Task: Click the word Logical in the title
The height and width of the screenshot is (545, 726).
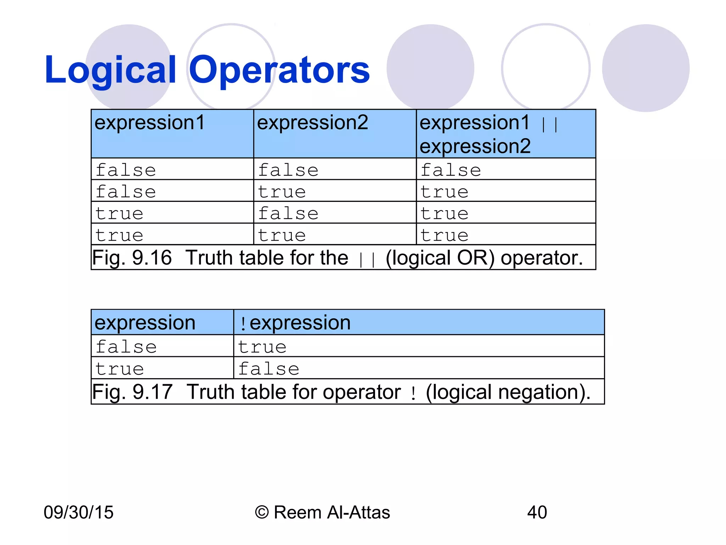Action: click(x=110, y=70)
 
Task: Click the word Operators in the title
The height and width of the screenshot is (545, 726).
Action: click(x=279, y=70)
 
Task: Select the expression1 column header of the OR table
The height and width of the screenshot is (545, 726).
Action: click(x=150, y=123)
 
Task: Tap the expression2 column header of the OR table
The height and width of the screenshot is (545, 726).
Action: click(x=312, y=123)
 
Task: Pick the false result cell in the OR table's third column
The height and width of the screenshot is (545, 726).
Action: click(x=451, y=170)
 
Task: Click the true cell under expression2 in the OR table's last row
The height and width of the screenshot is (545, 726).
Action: click(x=282, y=235)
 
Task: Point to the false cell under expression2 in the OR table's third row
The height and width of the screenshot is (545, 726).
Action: click(x=288, y=213)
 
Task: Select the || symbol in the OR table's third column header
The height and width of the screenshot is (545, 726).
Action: click(x=549, y=125)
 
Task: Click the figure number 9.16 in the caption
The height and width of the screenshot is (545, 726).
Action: click(x=152, y=258)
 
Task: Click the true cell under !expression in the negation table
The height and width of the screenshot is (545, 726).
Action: click(x=262, y=347)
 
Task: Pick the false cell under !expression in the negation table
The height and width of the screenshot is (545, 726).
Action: click(x=268, y=368)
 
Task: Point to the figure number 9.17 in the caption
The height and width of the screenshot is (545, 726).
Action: click(x=152, y=392)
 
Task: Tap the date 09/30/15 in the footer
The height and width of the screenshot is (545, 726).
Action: click(x=78, y=512)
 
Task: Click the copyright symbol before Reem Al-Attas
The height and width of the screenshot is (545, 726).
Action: click(x=262, y=512)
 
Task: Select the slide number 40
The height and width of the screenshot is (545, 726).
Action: click(x=537, y=512)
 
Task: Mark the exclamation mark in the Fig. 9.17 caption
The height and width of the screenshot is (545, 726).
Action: click(x=413, y=393)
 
